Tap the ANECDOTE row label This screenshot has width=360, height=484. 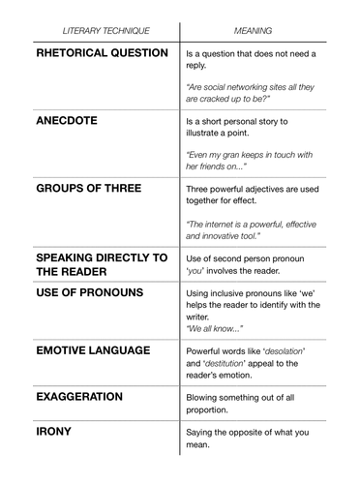click(x=72, y=123)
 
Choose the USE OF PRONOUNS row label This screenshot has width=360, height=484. click(x=89, y=291)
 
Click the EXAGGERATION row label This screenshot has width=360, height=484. click(x=79, y=397)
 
